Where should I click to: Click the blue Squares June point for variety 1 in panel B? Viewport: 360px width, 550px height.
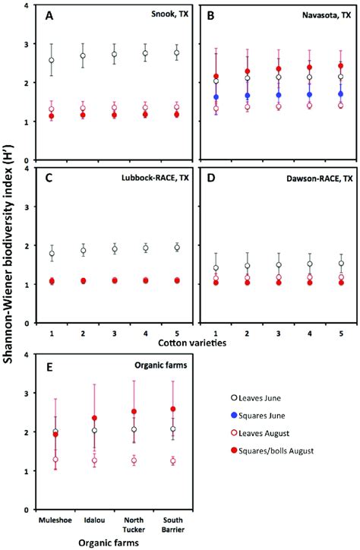[x=216, y=97]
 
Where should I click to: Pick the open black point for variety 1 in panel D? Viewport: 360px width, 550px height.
[x=216, y=267]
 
